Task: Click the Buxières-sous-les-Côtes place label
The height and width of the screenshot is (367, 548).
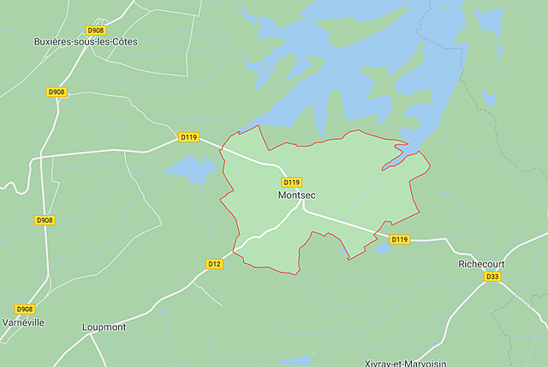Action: point(85,41)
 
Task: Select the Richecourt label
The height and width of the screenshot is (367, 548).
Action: point(481,264)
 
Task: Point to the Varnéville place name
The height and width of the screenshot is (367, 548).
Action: point(23,322)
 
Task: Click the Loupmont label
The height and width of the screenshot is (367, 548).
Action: point(104,327)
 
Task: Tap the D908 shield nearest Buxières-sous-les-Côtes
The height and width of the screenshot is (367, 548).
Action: point(95,30)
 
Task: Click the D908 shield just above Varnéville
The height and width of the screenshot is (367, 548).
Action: point(25,309)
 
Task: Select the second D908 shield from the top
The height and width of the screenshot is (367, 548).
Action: point(57,92)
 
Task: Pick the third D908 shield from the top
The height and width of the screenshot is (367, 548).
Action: point(45,220)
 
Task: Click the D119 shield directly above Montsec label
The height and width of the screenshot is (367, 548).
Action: point(291,183)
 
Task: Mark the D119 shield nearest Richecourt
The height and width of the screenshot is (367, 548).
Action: point(400,239)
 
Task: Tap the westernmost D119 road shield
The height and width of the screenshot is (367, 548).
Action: point(188,136)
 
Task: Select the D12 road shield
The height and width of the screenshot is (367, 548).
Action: point(215,263)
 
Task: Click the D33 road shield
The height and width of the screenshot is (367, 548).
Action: point(492,277)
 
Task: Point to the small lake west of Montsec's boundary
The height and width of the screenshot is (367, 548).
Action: point(193,168)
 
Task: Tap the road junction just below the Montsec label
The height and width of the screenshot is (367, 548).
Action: point(301,208)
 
